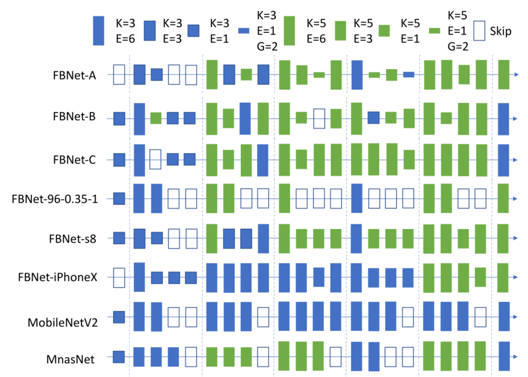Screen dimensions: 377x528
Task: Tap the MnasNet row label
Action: click(x=71, y=359)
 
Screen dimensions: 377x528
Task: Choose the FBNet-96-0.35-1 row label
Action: click(x=54, y=199)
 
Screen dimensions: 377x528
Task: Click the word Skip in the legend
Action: click(x=501, y=31)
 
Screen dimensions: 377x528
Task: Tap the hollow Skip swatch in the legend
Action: click(x=480, y=31)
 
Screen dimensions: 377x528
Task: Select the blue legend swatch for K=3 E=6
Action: click(x=98, y=31)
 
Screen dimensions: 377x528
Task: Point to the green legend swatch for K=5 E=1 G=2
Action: click(x=434, y=31)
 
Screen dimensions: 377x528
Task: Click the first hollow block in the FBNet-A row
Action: click(x=119, y=74)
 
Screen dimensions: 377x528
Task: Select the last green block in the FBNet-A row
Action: click(x=504, y=74)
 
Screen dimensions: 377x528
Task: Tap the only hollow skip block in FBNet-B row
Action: click(x=319, y=118)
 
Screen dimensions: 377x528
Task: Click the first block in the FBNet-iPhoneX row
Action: click(x=119, y=277)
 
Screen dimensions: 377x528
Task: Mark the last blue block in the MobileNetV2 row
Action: click(x=504, y=316)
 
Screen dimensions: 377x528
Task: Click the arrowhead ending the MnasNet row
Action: click(x=514, y=356)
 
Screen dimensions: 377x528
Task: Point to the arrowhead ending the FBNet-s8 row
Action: click(x=514, y=238)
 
